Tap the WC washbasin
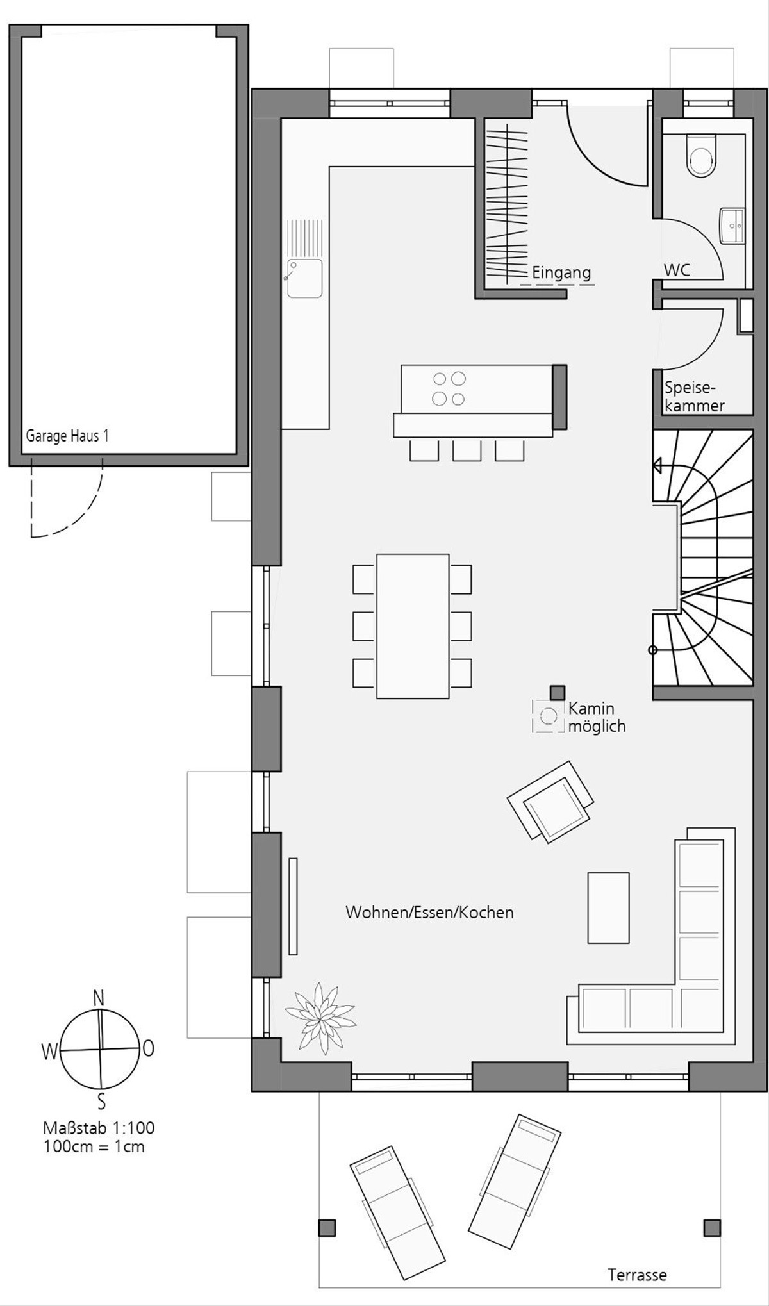tap(732, 225)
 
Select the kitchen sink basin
tap(304, 278)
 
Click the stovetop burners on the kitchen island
tap(449, 389)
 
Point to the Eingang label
tap(561, 273)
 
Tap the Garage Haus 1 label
tap(67, 436)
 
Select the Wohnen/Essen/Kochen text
tap(429, 913)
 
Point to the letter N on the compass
tap(99, 998)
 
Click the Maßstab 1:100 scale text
tap(99, 1128)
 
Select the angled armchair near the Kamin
tap(550, 801)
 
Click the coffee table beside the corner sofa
tap(608, 907)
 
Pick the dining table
tap(413, 625)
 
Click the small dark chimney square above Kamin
tap(558, 693)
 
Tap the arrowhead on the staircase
tap(657, 466)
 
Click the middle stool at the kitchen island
tap(467, 450)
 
